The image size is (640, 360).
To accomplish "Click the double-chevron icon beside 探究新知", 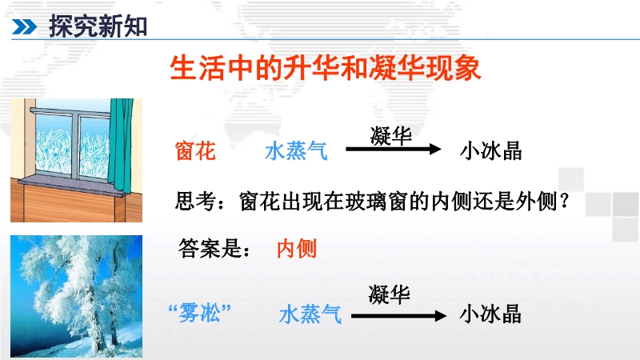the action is pos(24,27).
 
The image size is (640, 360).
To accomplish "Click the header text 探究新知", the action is pos(98,26).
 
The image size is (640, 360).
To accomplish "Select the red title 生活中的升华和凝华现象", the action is pos(326,68).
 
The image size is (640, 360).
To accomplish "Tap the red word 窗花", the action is pos(195,151).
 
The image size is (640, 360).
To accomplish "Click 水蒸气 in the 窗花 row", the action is pos(296,151).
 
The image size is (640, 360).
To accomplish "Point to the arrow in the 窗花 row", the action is pos(394,149).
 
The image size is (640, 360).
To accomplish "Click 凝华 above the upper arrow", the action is pos(391,135).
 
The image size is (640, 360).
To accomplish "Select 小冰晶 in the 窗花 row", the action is pos(491,151).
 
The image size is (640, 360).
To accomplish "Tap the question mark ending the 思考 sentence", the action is pos(565,201).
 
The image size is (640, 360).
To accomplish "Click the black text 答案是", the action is pos(210,248).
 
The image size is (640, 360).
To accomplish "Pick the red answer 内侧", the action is pos(297,248).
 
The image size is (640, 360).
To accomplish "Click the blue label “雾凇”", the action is pos(199,313).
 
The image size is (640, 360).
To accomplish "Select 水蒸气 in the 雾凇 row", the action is pos(310,314).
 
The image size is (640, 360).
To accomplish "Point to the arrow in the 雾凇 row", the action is pos(398,316).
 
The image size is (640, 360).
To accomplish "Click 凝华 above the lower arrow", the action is pos(389,294).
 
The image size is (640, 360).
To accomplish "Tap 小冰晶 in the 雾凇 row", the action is pos(490,314).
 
